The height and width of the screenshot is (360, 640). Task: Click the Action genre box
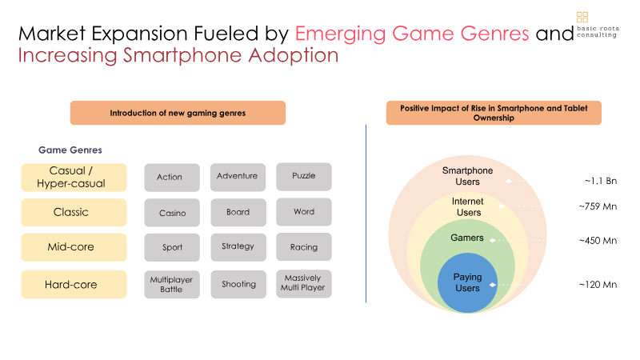click(x=172, y=178)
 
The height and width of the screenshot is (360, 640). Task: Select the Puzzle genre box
click(x=304, y=177)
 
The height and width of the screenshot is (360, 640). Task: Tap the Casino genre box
click(x=172, y=213)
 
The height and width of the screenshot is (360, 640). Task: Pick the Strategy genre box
click(x=238, y=247)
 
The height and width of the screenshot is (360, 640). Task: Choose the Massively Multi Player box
click(x=304, y=284)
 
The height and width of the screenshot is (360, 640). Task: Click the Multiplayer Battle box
click(x=172, y=285)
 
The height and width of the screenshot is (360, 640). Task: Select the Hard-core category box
click(x=74, y=285)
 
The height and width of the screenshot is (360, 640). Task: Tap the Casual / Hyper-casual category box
click(x=74, y=178)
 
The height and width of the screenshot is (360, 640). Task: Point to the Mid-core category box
click(x=74, y=247)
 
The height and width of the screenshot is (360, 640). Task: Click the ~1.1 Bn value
click(x=601, y=181)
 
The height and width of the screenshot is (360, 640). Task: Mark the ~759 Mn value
click(x=598, y=206)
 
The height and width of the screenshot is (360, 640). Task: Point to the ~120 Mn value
click(x=598, y=285)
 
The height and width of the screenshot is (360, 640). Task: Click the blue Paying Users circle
click(x=467, y=283)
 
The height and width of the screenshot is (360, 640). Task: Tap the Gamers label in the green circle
click(x=467, y=238)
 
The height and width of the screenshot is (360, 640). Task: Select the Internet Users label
click(x=468, y=207)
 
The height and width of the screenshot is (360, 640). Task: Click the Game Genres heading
click(x=70, y=150)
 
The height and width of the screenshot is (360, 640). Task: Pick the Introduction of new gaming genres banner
click(x=178, y=113)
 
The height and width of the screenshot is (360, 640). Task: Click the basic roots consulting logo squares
click(x=582, y=17)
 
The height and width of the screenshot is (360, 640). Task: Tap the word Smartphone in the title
click(x=182, y=55)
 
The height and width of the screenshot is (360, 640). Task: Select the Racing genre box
click(x=304, y=247)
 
